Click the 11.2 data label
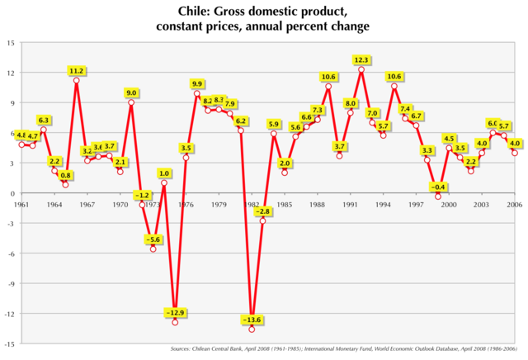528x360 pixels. coord(77,71)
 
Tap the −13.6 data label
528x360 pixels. coord(252,319)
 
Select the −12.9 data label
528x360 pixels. coord(175,312)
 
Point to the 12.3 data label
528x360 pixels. coord(361,59)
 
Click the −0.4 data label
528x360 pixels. coord(438,187)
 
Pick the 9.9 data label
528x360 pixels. coord(197,83)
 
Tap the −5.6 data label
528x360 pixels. coord(153,239)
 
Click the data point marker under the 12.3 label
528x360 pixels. coord(361,69)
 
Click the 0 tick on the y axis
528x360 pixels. coord(12,193)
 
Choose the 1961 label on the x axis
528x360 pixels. coord(21,204)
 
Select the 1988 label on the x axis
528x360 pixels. coord(318,204)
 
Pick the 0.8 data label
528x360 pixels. coord(66,175)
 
